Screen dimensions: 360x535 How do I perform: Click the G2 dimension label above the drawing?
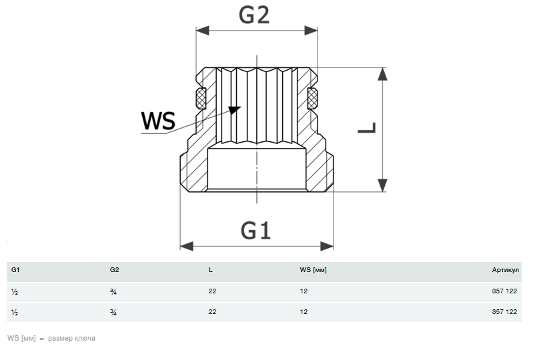tap(254, 14)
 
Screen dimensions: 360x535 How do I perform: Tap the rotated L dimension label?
tap(368, 127)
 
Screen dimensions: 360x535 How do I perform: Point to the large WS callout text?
tap(158, 121)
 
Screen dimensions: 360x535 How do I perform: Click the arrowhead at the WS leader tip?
tap(234, 109)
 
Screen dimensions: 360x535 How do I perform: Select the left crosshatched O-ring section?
tap(201, 100)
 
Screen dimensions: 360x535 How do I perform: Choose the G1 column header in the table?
tap(16, 270)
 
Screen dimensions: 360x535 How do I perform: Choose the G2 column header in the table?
tap(114, 270)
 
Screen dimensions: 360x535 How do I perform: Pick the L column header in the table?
tap(210, 270)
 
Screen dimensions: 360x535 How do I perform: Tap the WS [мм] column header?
tap(314, 270)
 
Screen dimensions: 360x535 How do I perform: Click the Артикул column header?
tap(505, 270)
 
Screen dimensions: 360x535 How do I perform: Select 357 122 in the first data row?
tap(504, 291)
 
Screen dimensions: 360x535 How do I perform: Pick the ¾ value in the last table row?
tap(113, 312)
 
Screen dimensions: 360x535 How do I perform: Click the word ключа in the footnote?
tap(85, 339)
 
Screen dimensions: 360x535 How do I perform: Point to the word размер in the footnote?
tap(59, 339)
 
